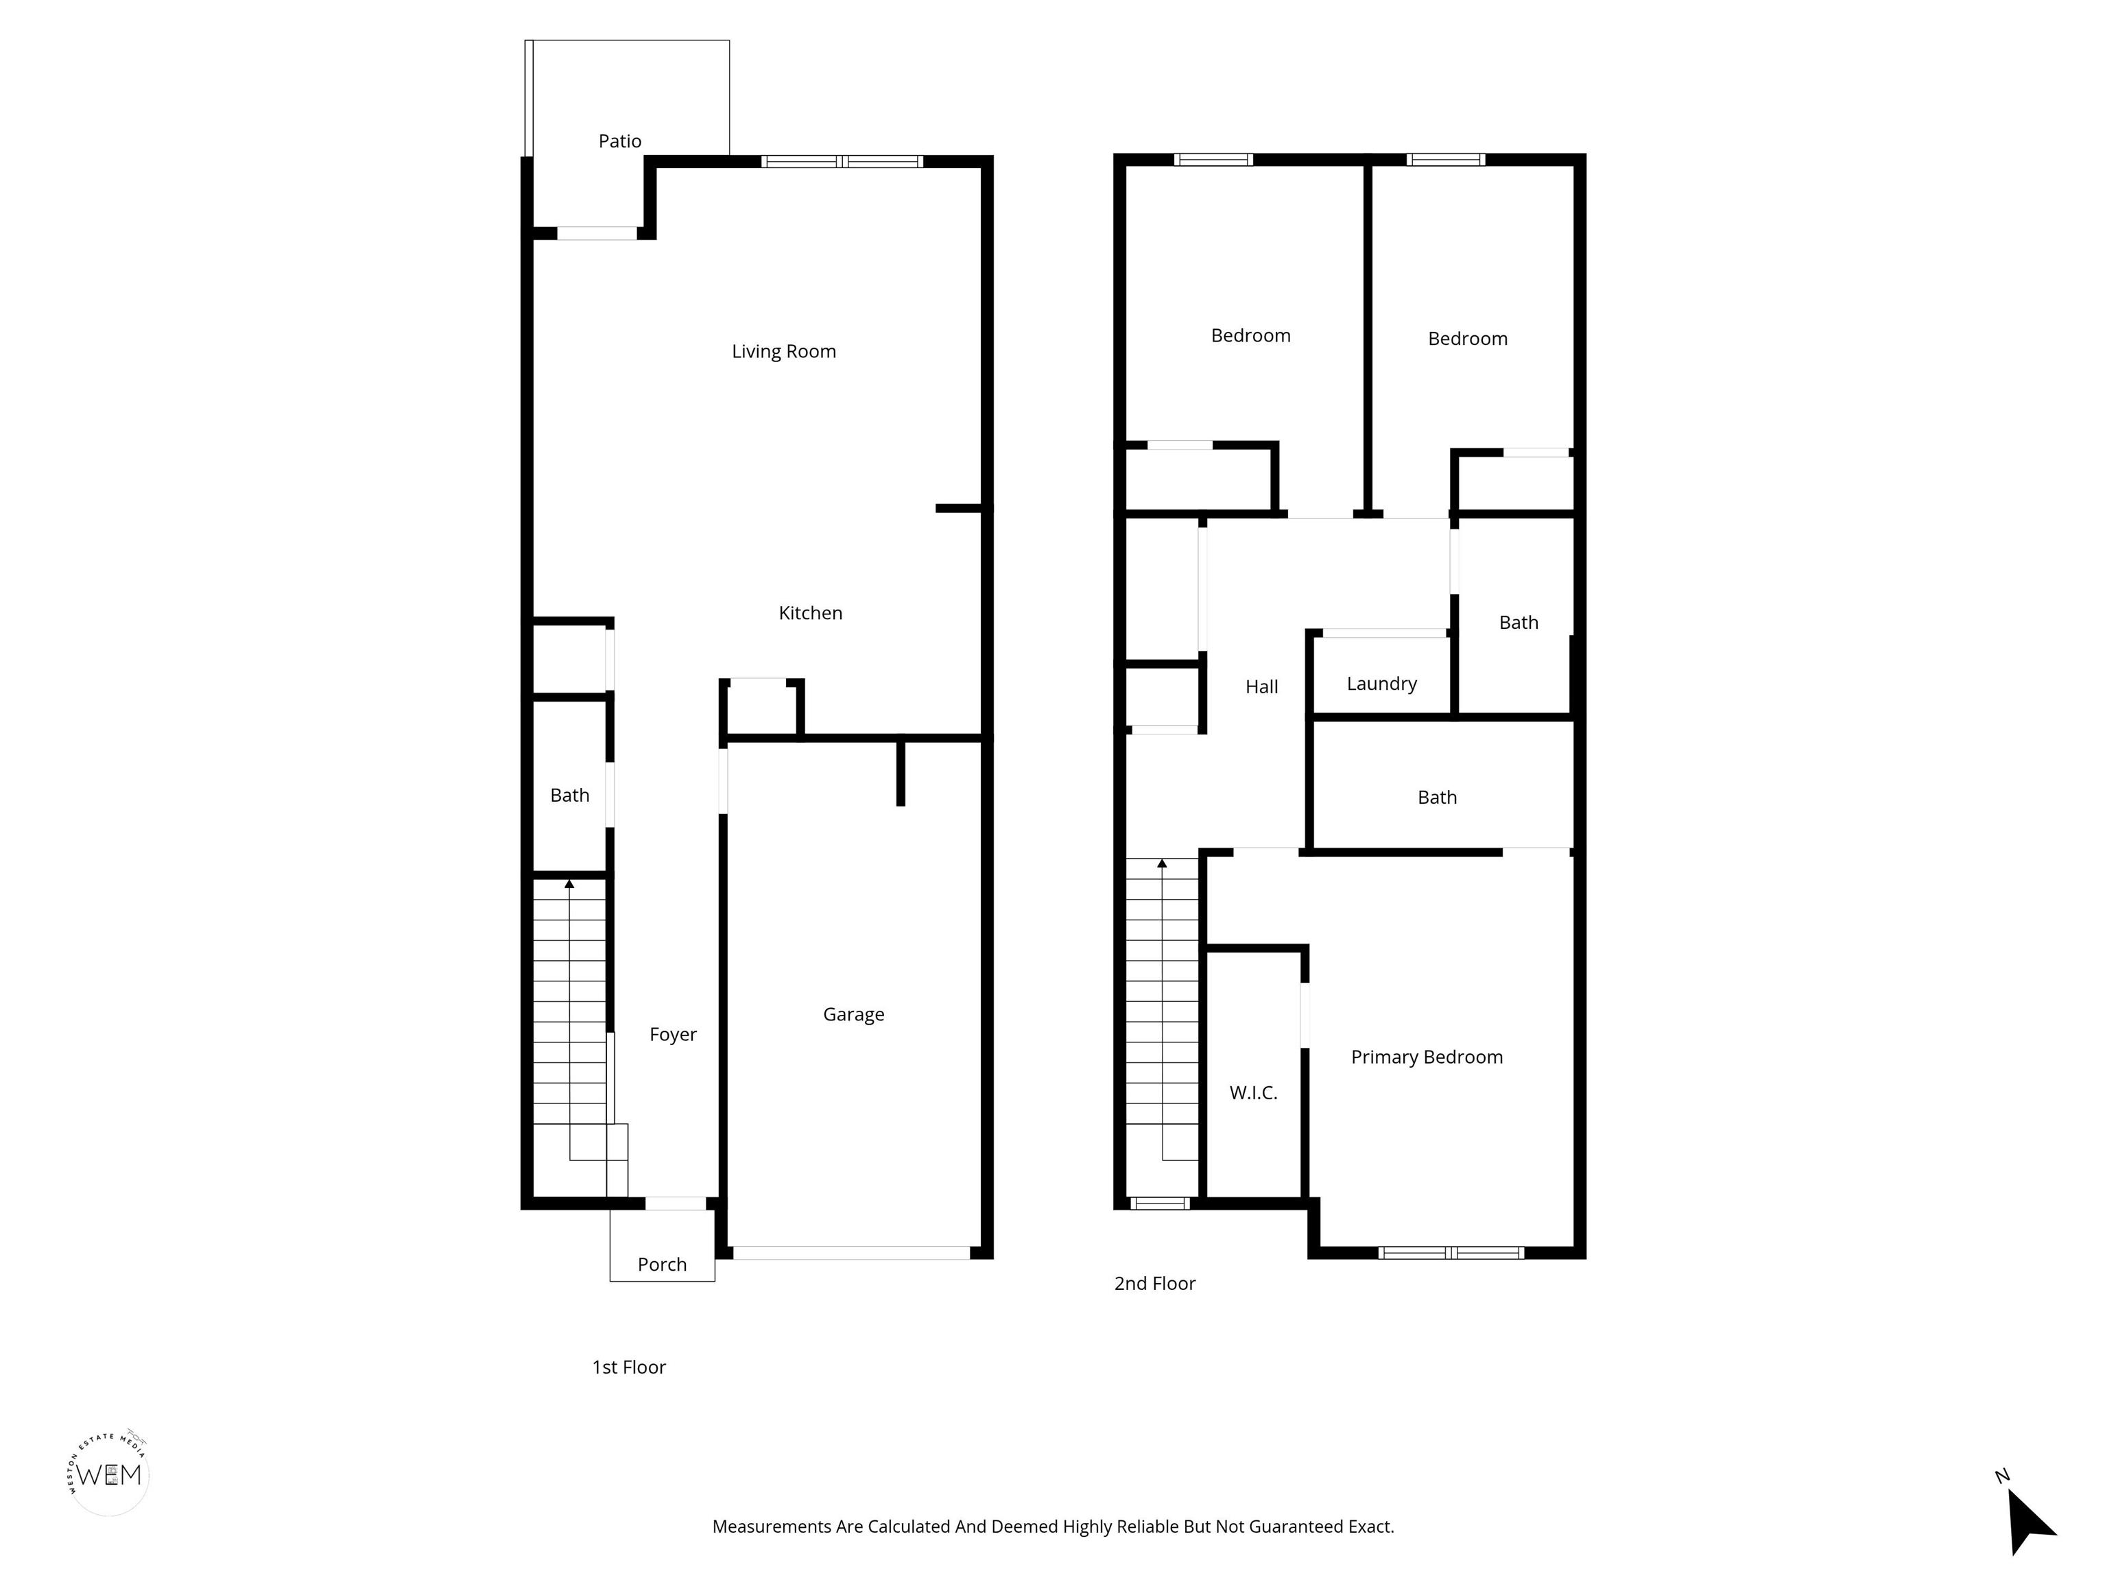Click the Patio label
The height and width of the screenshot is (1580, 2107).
[x=619, y=141]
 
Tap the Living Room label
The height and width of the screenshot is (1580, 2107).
[x=784, y=351]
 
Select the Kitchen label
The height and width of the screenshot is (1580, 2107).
[x=811, y=613]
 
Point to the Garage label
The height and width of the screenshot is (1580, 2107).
[x=853, y=1015]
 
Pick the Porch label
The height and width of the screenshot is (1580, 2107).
[x=662, y=1265]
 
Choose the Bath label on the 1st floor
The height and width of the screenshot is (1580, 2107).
[x=569, y=795]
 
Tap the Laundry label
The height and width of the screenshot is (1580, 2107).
[x=1381, y=684]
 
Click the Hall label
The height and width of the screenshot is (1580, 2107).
[x=1261, y=686]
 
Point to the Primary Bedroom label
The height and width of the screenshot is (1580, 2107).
[x=1427, y=1057]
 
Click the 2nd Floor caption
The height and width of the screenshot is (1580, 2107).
[x=1154, y=1284]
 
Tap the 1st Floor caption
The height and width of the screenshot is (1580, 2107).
[x=629, y=1367]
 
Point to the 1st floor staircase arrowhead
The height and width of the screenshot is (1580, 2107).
[x=569, y=885]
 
